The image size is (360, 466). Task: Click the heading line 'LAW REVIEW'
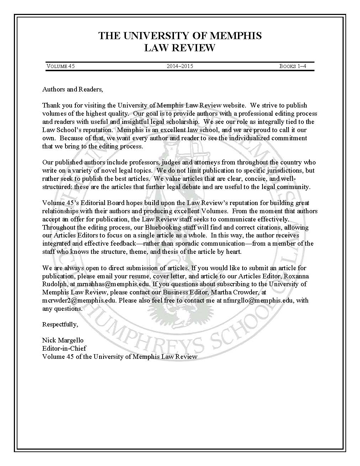180,48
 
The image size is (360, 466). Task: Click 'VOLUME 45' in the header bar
60,66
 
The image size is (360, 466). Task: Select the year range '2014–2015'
180,66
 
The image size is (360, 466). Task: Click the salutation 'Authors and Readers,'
73,89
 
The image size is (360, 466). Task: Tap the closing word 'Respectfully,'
60,324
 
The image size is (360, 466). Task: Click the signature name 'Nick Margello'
63,340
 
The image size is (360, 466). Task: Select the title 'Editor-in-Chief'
64,348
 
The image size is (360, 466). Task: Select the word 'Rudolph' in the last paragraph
53,284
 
